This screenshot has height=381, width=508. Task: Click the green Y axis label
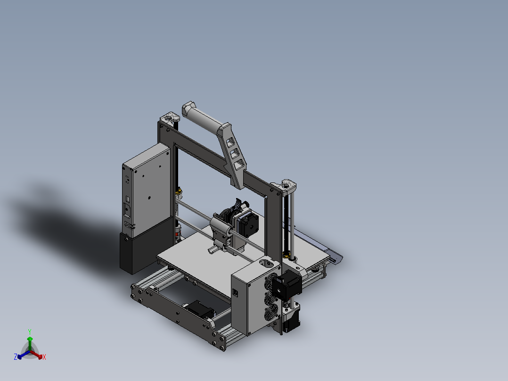30,331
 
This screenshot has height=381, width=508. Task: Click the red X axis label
44,357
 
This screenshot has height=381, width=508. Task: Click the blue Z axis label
15,357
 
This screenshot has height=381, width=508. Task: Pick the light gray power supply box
146,189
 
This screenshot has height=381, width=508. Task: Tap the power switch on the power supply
127,209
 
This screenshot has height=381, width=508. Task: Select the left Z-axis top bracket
170,118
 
